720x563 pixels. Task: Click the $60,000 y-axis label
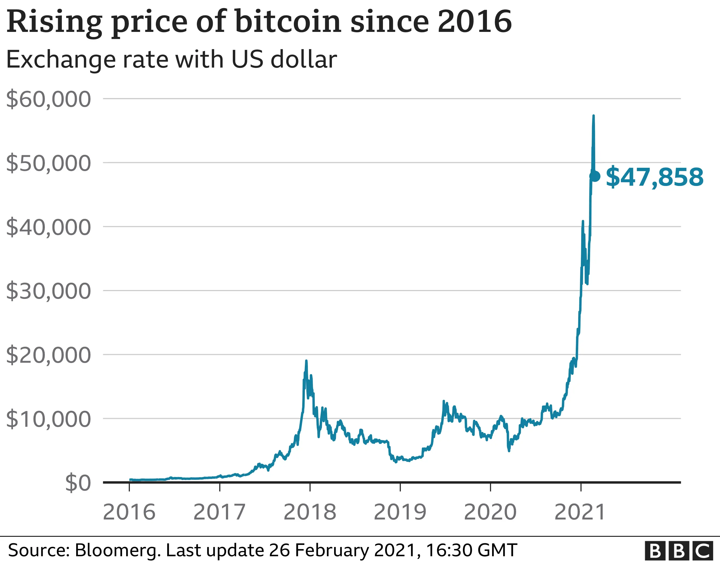[48, 99]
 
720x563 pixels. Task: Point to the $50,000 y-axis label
[48, 163]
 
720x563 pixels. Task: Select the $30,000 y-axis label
[48, 291]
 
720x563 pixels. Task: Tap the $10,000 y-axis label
[48, 419]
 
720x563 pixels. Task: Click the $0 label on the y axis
[78, 483]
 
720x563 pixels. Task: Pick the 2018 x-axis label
[309, 512]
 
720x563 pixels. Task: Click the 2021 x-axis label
[580, 512]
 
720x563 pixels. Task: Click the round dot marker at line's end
[595, 176]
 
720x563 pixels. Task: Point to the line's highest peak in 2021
[593, 116]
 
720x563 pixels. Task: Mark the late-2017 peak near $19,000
[306, 361]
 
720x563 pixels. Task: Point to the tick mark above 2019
[400, 487]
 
